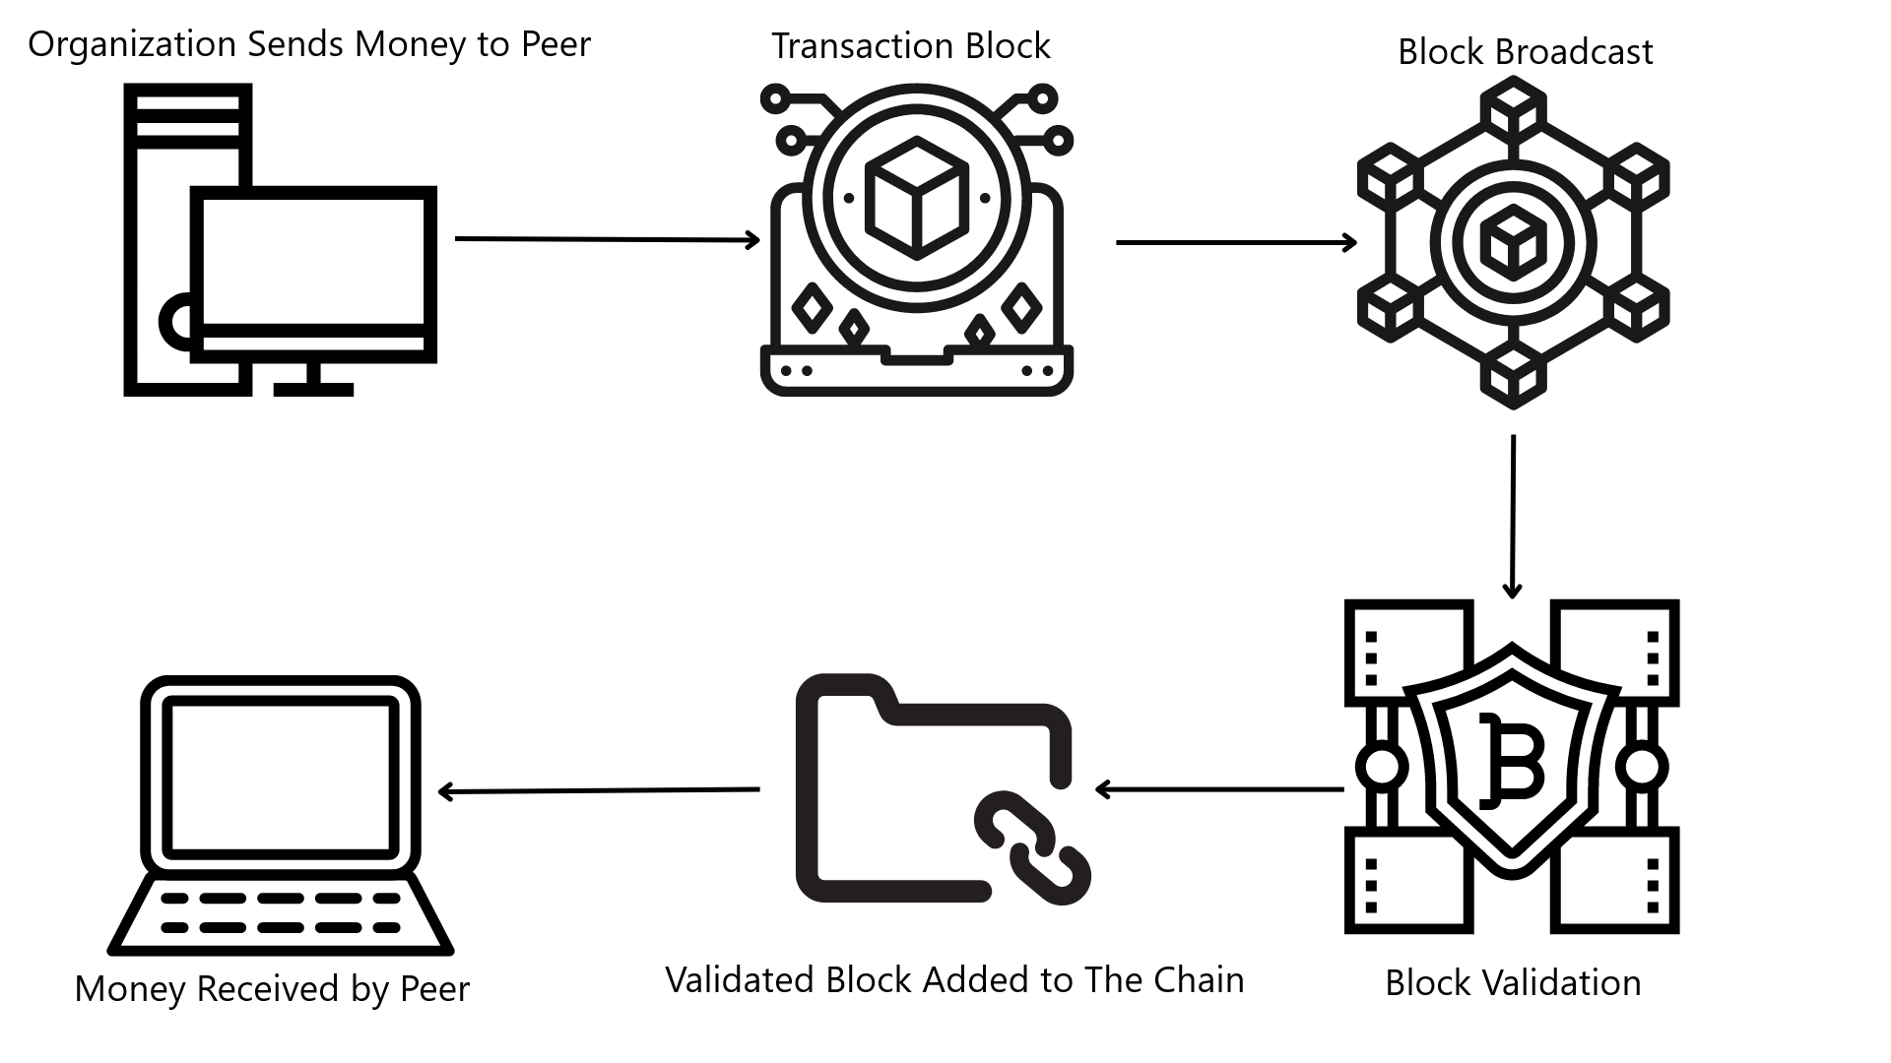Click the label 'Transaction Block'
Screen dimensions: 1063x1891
coord(910,46)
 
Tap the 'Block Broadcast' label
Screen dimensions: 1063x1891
coord(1525,52)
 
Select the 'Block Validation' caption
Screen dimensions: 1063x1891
coord(1513,982)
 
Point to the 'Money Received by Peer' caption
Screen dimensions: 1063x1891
coord(272,988)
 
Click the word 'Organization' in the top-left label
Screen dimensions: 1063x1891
coord(132,44)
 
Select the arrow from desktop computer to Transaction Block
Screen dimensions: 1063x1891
coord(606,239)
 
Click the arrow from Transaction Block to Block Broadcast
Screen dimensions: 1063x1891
coord(1235,242)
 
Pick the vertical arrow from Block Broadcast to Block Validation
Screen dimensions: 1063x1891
coord(1513,516)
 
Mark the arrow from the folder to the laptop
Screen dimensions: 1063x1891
coord(598,790)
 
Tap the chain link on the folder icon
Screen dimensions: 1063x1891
coord(1032,846)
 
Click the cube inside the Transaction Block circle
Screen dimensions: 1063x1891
coord(916,197)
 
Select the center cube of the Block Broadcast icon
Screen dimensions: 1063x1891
coord(1512,242)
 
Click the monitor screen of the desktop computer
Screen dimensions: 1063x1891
coord(313,261)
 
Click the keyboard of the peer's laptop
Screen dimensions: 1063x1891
coord(281,912)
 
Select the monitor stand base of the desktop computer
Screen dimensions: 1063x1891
coord(313,390)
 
